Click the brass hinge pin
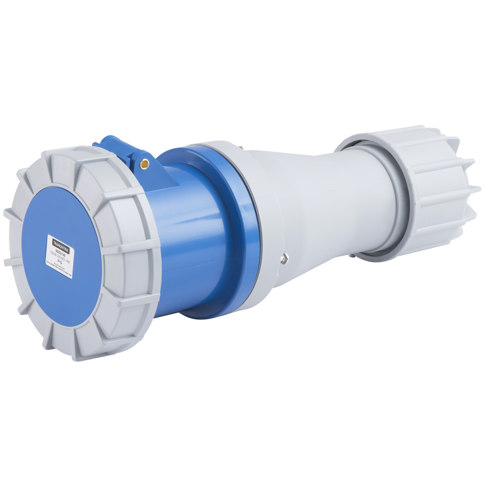coord(144,164)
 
